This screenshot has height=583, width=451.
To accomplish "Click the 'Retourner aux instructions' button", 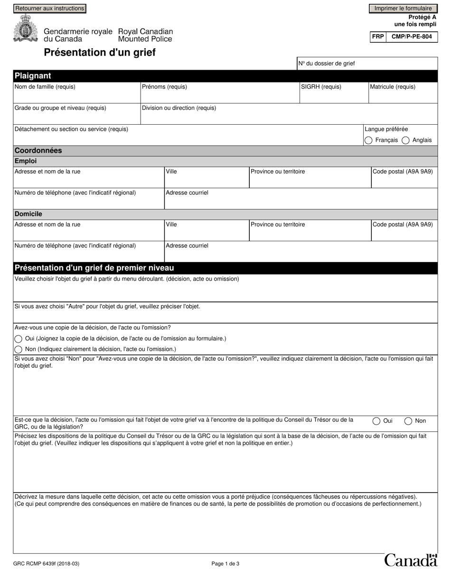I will (50, 9).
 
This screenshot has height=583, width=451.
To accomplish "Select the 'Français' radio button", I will (368, 140).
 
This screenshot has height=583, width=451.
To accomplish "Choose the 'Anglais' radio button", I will (405, 140).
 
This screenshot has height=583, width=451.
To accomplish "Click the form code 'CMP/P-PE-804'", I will (412, 36).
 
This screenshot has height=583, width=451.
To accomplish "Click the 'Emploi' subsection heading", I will (26, 161).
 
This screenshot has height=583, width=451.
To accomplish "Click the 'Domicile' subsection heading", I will (28, 214).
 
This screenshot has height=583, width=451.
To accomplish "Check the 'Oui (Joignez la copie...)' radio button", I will (19, 339).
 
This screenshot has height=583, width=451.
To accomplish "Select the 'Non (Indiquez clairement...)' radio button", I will (19, 349).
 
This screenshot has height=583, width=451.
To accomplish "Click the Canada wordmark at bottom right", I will (410, 560).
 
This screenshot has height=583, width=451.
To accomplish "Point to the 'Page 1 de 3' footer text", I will (225, 564).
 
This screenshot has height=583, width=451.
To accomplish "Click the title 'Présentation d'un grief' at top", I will (100, 53).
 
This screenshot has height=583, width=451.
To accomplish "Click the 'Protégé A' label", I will (422, 17).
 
